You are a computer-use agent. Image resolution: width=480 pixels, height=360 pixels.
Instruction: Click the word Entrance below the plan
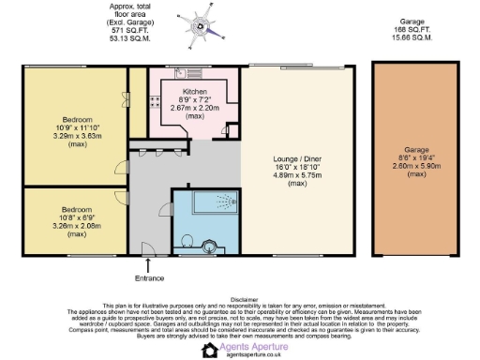click(151, 278)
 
